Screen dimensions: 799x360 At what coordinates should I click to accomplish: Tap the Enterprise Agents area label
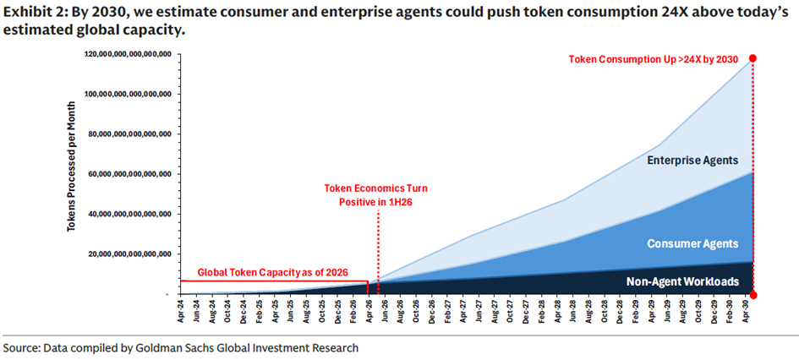click(692, 161)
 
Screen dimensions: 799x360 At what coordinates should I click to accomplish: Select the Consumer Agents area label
click(692, 244)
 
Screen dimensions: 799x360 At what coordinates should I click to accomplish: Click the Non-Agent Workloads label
click(682, 282)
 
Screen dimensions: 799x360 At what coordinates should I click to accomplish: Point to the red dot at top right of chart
click(752, 58)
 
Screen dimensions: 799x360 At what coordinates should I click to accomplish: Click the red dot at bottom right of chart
click(752, 295)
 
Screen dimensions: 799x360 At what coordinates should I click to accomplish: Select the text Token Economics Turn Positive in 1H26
click(376, 194)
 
